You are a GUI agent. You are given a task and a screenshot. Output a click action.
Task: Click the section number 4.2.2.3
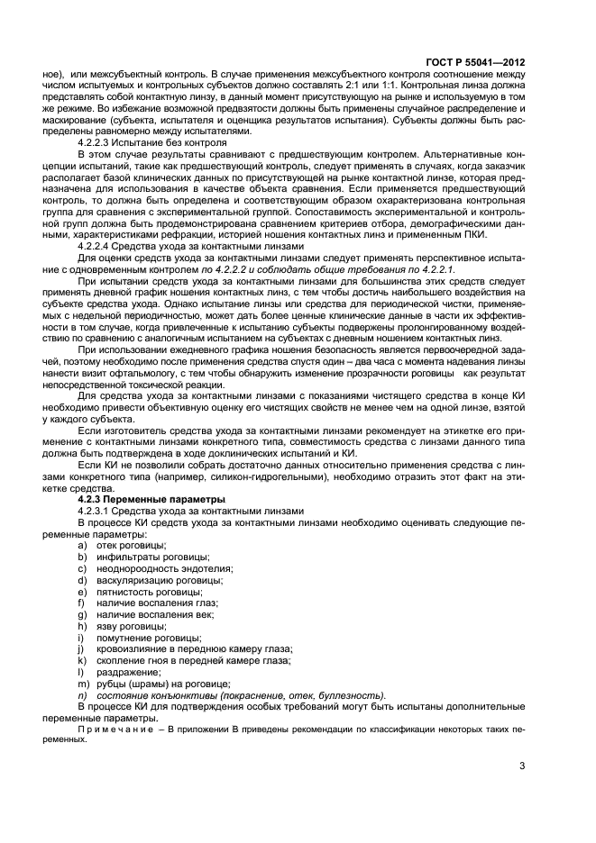[99, 142]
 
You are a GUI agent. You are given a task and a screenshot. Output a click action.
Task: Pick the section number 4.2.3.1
[99, 511]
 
